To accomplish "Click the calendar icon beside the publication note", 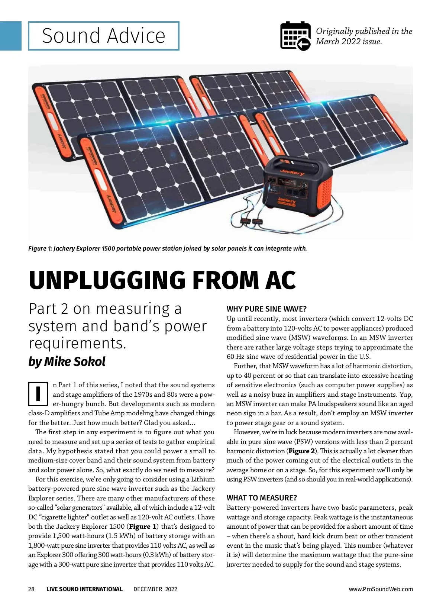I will [x=295, y=36].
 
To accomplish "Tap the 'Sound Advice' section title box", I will [x=104, y=36].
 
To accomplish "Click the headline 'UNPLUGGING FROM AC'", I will [x=162, y=280].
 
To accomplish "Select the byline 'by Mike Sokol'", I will [x=67, y=361].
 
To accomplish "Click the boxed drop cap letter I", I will [x=38, y=394].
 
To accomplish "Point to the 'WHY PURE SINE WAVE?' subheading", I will [x=266, y=309].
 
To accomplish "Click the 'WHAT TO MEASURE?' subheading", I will [x=262, y=498].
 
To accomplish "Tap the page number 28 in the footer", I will [x=31, y=589].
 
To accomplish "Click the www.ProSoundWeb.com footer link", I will [x=381, y=589].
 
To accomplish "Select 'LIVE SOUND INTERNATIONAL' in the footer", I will [x=84, y=589].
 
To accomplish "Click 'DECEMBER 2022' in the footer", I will [x=155, y=589].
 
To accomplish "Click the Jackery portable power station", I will [x=297, y=186].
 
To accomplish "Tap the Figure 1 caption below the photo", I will [x=168, y=248].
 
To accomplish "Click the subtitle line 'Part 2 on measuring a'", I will [x=105, y=309].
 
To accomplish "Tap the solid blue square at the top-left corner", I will [x=11, y=36].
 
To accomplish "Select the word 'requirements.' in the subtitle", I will [x=77, y=343].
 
